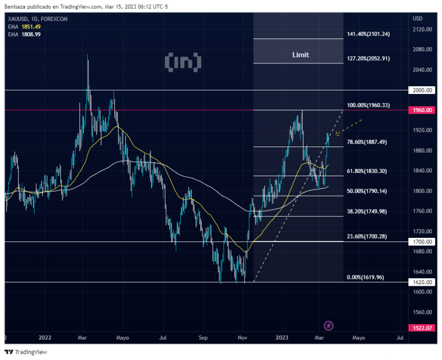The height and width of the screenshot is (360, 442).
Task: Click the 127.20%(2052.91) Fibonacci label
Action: (368, 59)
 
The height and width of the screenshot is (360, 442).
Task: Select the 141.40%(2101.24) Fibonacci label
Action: (368, 34)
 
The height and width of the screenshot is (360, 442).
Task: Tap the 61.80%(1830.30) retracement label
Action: (367, 171)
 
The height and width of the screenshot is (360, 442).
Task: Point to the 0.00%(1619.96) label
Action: (365, 277)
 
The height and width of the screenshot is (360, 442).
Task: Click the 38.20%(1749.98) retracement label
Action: (367, 211)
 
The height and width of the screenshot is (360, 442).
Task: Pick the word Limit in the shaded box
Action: (301, 55)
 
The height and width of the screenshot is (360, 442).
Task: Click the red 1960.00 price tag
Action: (422, 110)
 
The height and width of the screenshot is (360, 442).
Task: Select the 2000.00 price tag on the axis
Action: (422, 90)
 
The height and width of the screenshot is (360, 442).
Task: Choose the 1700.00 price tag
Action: (422, 242)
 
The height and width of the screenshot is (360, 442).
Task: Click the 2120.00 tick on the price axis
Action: (422, 29)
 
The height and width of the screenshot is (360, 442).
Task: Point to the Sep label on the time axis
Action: (203, 338)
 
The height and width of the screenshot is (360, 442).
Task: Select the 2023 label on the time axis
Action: (282, 338)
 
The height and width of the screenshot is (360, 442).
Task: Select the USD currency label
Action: (418, 18)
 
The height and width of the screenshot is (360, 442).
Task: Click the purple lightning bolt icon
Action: (329, 326)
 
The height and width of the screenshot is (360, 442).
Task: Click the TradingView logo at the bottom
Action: (25, 352)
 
